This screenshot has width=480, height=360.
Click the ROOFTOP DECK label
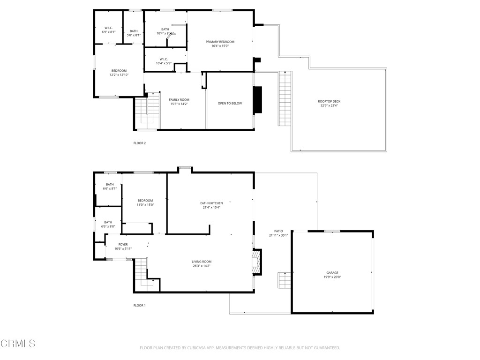pos(329,101)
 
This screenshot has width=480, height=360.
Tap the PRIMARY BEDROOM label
pos(220,42)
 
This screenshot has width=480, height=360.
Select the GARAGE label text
pos(332,273)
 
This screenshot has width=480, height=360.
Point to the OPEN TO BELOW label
pos(230,103)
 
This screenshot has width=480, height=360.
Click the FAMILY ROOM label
pos(179,99)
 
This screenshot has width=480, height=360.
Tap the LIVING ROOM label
pos(202,262)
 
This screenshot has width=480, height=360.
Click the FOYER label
pos(123,244)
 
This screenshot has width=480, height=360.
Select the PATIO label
pos(278,231)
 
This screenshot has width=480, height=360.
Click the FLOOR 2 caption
pos(140,143)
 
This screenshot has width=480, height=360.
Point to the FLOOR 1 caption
pos(140,305)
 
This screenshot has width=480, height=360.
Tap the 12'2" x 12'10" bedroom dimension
pos(119,75)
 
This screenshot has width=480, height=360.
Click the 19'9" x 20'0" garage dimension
pos(332,277)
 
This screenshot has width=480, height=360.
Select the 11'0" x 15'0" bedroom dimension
pos(145,205)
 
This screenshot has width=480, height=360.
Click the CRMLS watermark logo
pos(18,344)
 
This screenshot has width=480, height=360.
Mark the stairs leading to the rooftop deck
pos(285,98)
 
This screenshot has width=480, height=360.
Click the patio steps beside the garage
pos(284,280)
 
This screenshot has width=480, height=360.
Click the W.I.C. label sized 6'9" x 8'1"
pos(108,28)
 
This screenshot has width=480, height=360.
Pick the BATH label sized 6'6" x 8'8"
pos(108,222)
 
